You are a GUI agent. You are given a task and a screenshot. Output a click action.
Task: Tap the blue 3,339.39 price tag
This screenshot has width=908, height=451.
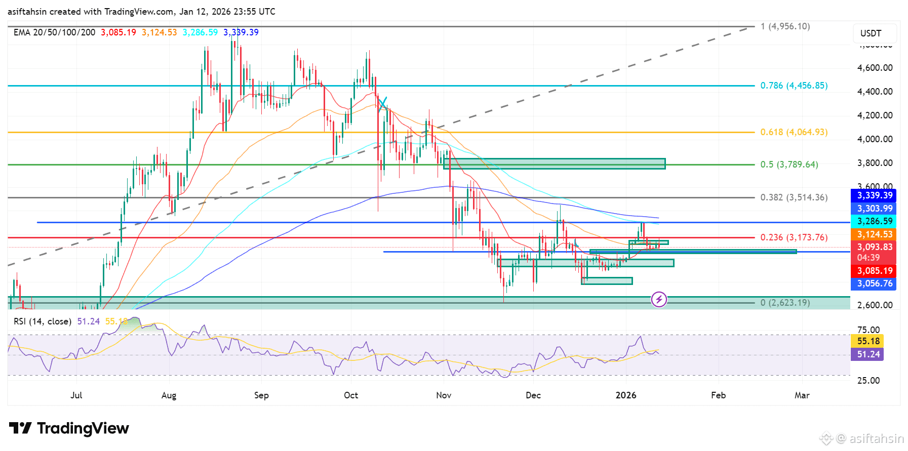[874, 196]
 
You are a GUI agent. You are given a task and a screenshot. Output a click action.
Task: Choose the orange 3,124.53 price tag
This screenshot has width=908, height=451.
[874, 234]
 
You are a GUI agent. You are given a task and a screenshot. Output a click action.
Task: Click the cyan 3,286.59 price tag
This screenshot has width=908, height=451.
[874, 221]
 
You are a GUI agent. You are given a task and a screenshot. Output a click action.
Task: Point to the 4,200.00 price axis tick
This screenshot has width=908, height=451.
[875, 115]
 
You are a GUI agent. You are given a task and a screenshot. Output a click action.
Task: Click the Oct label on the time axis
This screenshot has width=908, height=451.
[350, 395]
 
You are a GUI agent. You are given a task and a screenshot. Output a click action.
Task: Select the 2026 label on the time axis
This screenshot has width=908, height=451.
[626, 395]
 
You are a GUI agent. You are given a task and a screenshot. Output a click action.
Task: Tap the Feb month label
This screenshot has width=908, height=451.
[718, 395]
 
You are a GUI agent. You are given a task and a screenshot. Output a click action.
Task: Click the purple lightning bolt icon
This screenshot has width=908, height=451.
[659, 300]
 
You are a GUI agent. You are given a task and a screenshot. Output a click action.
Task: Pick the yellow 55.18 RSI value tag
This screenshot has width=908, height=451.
[868, 341]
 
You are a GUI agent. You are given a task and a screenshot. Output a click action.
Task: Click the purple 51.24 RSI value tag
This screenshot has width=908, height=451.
[868, 354]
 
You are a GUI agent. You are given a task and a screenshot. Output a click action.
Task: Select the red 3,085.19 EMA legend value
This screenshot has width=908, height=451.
[119, 32]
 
